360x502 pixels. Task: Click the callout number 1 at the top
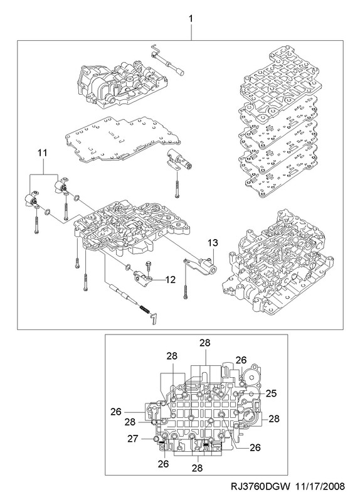pos(191,19)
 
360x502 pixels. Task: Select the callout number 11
pos(42,153)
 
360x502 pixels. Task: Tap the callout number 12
pos(171,279)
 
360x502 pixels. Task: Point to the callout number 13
pos(213,243)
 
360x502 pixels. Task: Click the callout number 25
pos(271,393)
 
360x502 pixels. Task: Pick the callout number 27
pos(133,439)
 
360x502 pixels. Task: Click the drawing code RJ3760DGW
pos(260,487)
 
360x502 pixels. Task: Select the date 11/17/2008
pos(320,487)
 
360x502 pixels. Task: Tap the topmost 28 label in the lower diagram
pos(205,343)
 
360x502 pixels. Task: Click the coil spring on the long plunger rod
pos(145,309)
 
